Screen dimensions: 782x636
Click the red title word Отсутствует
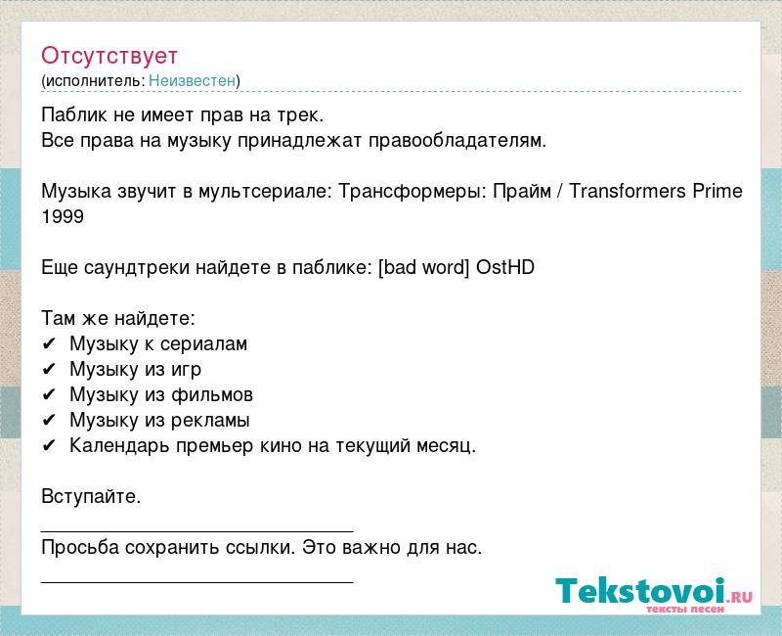[x=109, y=56]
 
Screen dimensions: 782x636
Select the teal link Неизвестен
[x=192, y=80]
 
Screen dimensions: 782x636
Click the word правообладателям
[x=457, y=141]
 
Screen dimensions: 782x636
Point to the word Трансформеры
[x=413, y=191]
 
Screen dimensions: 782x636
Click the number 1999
[x=63, y=216]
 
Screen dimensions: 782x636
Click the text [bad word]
[x=424, y=267]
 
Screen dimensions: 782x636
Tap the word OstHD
[x=505, y=267]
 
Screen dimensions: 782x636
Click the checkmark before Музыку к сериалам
[x=48, y=344]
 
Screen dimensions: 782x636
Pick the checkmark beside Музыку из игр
[x=48, y=370]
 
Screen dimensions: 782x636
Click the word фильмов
[x=212, y=395]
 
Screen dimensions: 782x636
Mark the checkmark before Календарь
[x=48, y=445]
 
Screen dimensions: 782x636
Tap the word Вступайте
[x=91, y=497]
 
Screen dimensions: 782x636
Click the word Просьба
[x=80, y=548]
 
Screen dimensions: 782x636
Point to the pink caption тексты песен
[x=685, y=609]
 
